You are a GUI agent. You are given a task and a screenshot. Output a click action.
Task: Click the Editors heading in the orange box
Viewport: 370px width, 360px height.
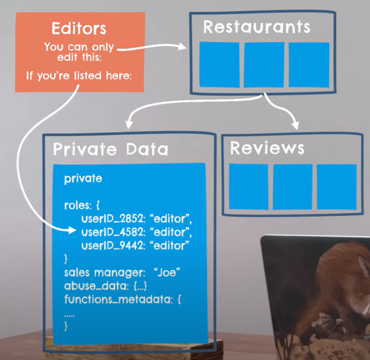pyautogui.click(x=79, y=29)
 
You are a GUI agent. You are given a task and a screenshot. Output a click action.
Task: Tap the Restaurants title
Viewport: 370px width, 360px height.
pyautogui.click(x=257, y=27)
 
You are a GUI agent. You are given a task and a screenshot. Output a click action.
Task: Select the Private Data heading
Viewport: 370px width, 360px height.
pyautogui.click(x=111, y=149)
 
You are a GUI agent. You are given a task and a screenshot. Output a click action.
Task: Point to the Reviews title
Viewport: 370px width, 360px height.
pyautogui.click(x=267, y=148)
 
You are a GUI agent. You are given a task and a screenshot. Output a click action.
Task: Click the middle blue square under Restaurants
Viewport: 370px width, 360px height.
pyautogui.click(x=264, y=65)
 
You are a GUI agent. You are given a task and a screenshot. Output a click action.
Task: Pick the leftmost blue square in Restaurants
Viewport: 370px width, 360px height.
pyautogui.click(x=219, y=64)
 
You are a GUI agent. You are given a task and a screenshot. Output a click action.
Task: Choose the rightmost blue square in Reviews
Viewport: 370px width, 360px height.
pyautogui.click(x=337, y=187)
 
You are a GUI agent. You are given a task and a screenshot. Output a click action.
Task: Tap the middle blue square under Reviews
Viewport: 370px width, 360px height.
pyautogui.click(x=293, y=187)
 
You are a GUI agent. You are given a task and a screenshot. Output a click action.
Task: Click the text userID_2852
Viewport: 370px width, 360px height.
pyautogui.click(x=112, y=219)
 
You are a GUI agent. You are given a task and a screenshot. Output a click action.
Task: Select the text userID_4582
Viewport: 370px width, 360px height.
pyautogui.click(x=112, y=232)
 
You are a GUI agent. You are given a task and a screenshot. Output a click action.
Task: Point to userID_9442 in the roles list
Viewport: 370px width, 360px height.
pyautogui.click(x=112, y=246)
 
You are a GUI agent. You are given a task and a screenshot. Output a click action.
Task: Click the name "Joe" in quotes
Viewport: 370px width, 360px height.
pyautogui.click(x=167, y=273)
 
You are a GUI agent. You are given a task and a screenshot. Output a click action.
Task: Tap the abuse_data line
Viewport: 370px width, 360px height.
pyautogui.click(x=105, y=286)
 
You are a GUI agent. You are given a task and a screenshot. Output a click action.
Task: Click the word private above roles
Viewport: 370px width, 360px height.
pyautogui.click(x=83, y=179)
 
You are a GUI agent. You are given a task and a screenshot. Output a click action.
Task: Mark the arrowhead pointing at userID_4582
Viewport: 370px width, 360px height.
pyautogui.click(x=72, y=230)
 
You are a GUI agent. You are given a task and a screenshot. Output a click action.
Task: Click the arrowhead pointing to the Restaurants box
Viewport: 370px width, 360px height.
pyautogui.click(x=181, y=46)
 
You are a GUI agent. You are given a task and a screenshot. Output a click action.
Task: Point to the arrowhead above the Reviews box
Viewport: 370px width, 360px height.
pyautogui.click(x=295, y=125)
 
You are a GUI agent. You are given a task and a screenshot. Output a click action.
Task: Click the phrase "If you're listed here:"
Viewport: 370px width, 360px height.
pyautogui.click(x=79, y=76)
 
